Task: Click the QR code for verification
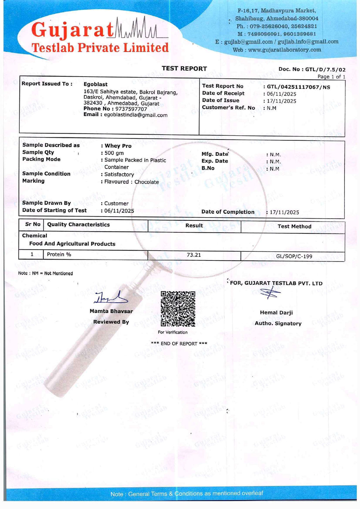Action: coord(178,309)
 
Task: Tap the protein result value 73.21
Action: coord(194,255)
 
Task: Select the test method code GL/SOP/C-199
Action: coord(294,256)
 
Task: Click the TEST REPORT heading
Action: coord(184,69)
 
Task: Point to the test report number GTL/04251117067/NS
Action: coord(298,87)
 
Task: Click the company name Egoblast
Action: coord(96,84)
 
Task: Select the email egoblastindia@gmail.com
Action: coord(136,115)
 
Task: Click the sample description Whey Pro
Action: coord(118,146)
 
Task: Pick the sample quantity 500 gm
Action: coord(114,153)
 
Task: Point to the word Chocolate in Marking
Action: coord(147,182)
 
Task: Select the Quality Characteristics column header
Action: coord(78,225)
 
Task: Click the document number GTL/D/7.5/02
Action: coord(325,69)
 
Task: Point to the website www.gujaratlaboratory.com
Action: coord(284,50)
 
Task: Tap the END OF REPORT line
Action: coord(179,343)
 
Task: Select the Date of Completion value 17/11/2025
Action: coord(284,212)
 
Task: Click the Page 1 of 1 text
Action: coord(331,77)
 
